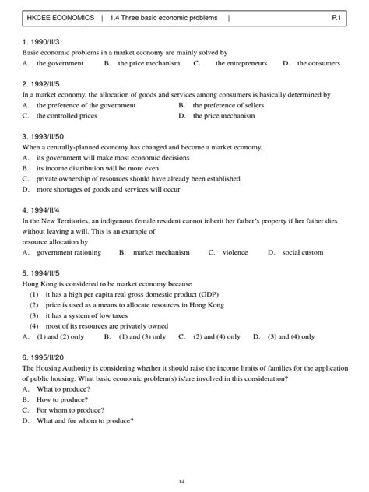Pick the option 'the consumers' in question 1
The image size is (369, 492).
point(322,63)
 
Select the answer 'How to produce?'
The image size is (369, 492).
point(65,399)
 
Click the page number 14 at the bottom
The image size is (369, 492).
point(183,482)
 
